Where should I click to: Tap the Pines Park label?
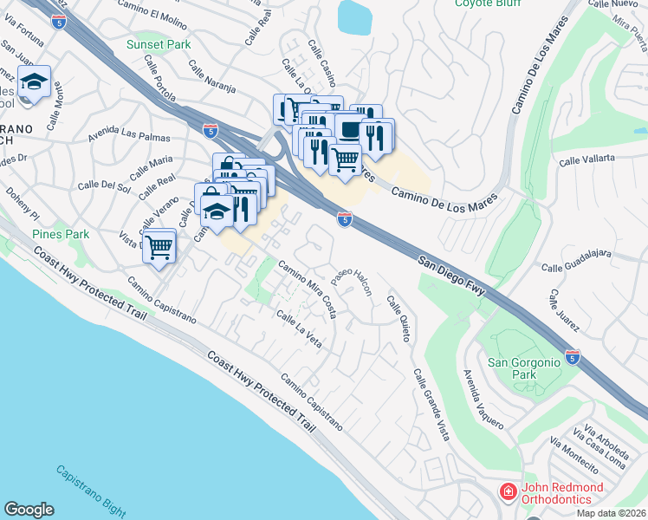[x=61, y=234]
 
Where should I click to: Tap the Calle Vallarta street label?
[x=587, y=159]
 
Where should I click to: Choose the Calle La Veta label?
[x=299, y=330]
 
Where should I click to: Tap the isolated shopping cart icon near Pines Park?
[x=159, y=247]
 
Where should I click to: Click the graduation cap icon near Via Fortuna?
[x=34, y=82]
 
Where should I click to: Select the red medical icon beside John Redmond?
[x=508, y=492]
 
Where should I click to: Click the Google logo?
[x=29, y=510]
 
